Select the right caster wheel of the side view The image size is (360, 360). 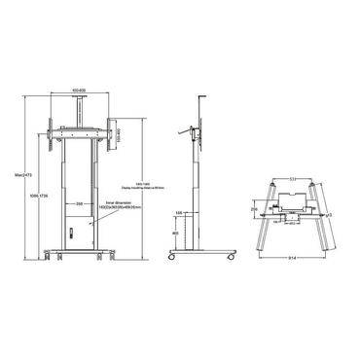click(x=232, y=258)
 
